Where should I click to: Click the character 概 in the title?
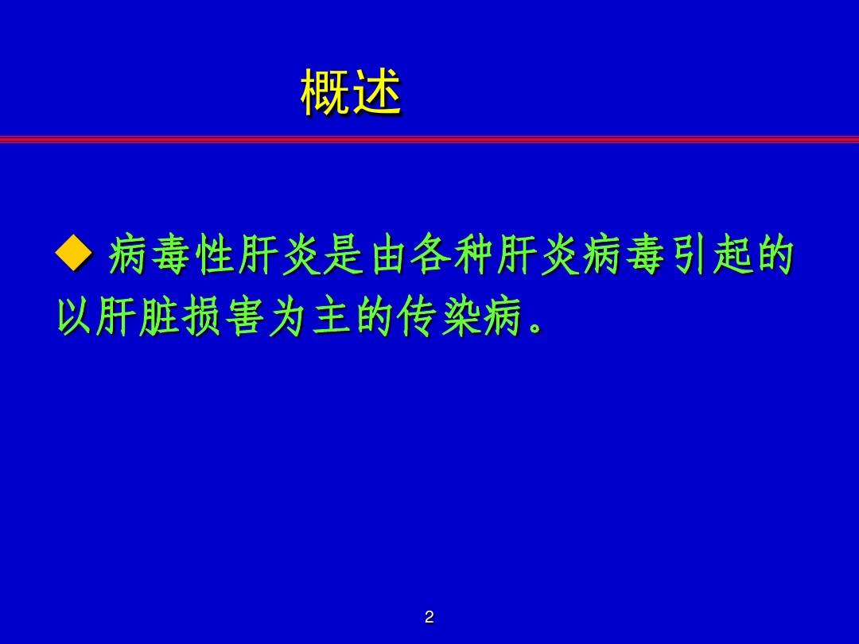click(325, 94)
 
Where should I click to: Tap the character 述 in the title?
click(376, 94)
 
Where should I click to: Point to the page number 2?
click(429, 617)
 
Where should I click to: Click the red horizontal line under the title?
click(429, 139)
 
